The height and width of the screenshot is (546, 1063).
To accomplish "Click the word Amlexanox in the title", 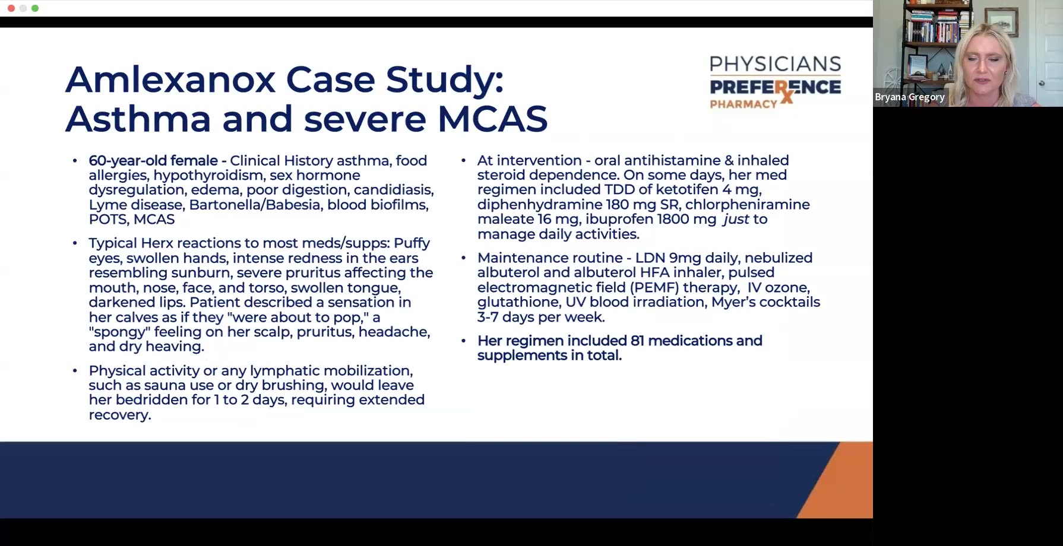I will [170, 80].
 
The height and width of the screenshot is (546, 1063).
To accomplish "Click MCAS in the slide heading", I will [492, 118].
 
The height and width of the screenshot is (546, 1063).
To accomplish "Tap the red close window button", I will [11, 8].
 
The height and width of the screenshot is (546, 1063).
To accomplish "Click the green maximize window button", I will [35, 8].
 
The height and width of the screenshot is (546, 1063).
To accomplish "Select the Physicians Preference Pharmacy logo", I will [775, 82].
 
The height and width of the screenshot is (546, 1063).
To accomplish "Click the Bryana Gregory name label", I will [909, 97].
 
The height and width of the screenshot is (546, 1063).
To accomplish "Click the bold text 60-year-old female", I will [153, 161].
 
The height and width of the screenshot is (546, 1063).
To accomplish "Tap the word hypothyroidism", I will [208, 176].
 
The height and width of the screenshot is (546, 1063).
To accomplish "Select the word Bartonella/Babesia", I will [255, 205].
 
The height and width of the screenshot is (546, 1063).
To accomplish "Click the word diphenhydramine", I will [540, 205].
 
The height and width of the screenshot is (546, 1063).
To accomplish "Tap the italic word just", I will [736, 220].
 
